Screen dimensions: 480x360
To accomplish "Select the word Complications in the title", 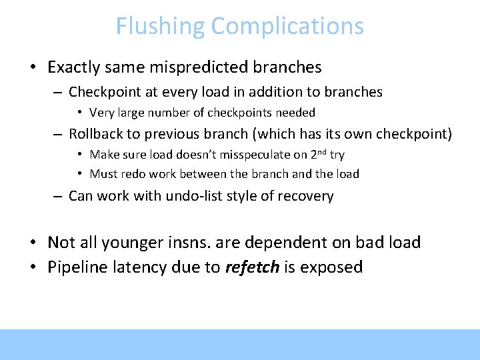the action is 287,27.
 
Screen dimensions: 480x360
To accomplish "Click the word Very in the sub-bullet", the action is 101,113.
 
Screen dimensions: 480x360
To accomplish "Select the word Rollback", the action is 96,134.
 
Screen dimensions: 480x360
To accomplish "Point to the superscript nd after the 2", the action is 323,151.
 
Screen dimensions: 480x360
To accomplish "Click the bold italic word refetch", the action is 253,267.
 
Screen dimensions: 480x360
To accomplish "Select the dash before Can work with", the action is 58,196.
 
